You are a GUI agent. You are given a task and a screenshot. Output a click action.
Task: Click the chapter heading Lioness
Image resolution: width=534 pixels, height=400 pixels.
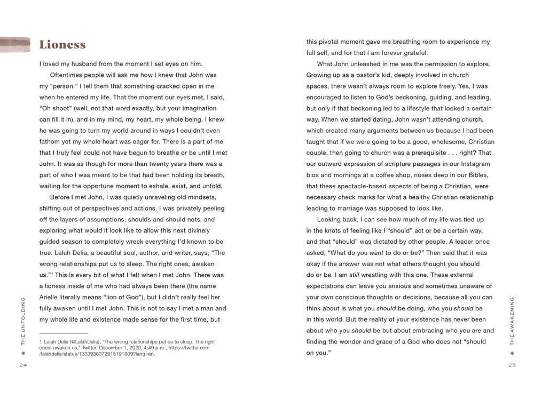tap(62, 45)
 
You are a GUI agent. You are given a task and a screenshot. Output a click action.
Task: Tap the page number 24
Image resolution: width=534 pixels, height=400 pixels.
tap(23, 365)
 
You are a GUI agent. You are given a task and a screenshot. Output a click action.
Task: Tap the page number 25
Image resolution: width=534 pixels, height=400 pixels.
tap(512, 365)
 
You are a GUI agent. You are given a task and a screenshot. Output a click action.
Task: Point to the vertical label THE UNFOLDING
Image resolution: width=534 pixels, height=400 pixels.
tap(23, 321)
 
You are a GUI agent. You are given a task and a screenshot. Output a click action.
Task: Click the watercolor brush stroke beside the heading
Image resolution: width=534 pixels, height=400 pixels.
tap(16, 44)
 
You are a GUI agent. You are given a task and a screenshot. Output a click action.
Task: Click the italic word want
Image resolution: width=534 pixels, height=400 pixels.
tap(376, 253)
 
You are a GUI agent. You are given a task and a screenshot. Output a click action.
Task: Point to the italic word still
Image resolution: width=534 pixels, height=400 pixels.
tap(355, 275)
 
